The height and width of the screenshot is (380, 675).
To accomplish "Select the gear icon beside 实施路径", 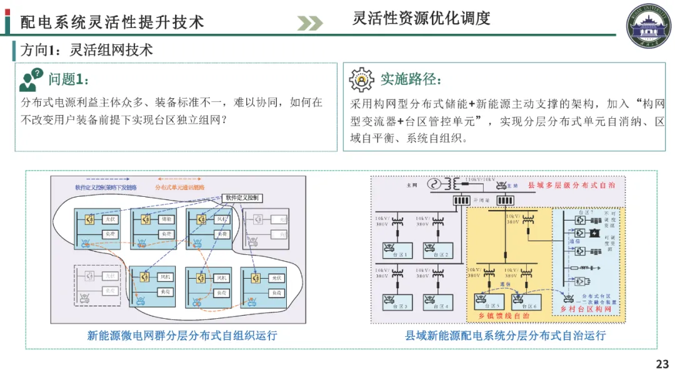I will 361,79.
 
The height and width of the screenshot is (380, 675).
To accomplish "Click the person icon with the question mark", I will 31,80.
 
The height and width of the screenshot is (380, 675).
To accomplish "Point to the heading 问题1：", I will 73,79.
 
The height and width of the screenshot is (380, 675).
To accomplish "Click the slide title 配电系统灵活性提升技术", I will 112,22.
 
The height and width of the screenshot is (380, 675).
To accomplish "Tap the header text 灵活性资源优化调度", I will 421,18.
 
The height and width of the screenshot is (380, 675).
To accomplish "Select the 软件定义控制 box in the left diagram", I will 242,198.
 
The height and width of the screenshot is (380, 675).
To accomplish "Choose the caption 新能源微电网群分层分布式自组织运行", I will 182,336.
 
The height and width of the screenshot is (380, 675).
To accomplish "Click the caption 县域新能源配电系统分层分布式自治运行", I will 505,336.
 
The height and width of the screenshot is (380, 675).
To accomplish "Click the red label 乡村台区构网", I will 591,309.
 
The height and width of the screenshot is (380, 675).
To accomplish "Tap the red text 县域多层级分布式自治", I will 571,186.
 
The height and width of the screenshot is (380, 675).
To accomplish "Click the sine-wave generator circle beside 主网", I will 432,184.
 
